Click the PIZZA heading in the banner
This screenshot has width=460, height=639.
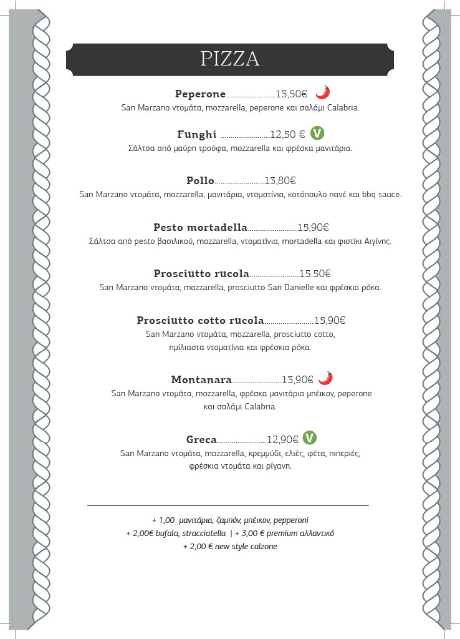pos(230,58)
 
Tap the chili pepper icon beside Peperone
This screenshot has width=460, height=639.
pos(322,93)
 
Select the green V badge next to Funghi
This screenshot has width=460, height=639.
pos(318,133)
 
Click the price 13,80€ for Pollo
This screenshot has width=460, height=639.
pos(280,181)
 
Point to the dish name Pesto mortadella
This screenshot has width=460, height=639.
pos(200,227)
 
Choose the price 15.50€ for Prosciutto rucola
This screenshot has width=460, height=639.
pos(315,273)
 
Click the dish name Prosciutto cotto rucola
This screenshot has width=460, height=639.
pos(200,320)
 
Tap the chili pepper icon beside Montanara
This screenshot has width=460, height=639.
pos(325,378)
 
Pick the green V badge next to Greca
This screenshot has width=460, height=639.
pos(310,437)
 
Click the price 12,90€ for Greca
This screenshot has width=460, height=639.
pos(283,439)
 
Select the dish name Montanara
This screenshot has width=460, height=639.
pos(201,379)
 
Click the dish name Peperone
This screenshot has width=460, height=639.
pos(200,94)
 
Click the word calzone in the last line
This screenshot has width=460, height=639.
pos(264,547)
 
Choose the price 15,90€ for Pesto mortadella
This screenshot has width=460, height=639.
pos(313,227)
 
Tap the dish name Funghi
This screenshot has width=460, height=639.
pos(197,134)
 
